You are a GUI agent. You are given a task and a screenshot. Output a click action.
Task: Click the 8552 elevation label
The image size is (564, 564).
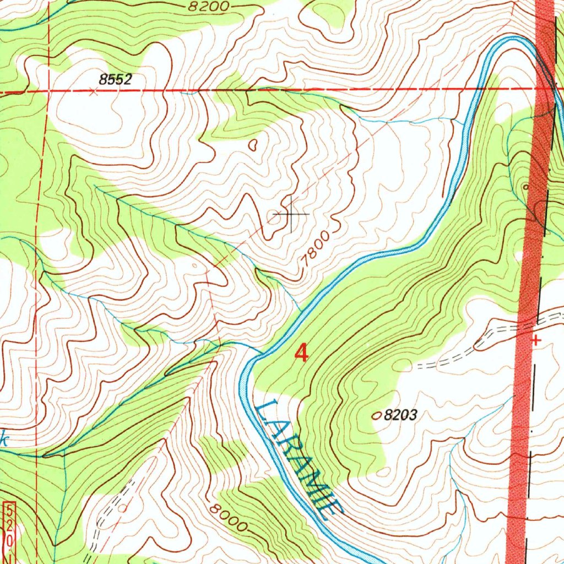pyautogui.click(x=116, y=79)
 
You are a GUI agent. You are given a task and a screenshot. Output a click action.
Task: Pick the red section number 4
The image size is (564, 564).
pyautogui.click(x=301, y=353)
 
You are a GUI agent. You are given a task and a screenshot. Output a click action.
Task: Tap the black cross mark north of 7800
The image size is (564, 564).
pyautogui.click(x=290, y=213)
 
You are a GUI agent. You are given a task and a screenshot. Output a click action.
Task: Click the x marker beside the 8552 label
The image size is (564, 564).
pyautogui.click(x=94, y=93)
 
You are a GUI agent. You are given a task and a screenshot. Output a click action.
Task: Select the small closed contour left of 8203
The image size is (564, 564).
pyautogui.click(x=377, y=416)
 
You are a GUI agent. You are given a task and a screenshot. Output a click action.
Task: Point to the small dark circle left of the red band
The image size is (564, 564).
pyautogui.click(x=525, y=187)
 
